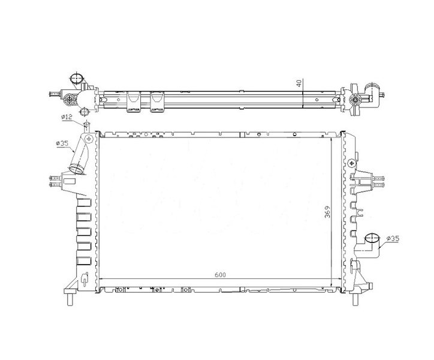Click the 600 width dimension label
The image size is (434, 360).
point(221,275)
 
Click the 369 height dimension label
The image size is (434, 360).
point(327,212)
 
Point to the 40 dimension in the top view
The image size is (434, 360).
point(299,83)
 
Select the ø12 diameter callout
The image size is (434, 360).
point(67,117)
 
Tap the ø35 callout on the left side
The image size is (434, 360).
point(62,143)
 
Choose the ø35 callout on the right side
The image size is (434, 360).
point(393,238)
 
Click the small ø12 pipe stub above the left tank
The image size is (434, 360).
point(87,127)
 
